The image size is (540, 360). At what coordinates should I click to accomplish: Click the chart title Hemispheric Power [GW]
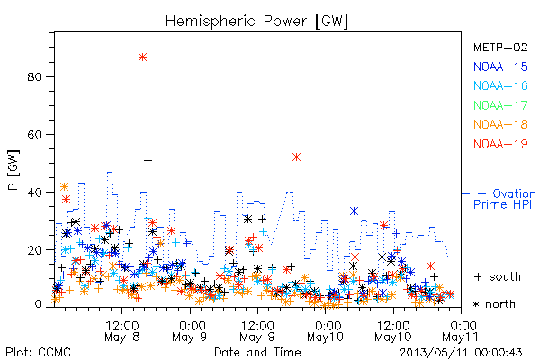[256, 22]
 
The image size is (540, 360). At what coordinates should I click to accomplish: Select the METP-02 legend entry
[500, 47]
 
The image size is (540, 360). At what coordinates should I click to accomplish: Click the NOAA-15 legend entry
[500, 67]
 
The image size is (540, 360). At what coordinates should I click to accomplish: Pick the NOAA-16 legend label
[500, 85]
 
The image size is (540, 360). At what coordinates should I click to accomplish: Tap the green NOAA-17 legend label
[500, 105]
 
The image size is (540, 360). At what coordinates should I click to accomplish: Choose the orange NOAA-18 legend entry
[500, 124]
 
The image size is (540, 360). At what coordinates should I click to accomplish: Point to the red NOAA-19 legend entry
[500, 144]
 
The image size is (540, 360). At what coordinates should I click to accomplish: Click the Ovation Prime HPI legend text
[505, 199]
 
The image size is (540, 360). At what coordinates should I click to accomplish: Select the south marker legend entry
[498, 276]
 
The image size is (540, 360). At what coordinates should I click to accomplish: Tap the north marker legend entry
[494, 304]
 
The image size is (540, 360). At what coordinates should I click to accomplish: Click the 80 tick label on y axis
[34, 76]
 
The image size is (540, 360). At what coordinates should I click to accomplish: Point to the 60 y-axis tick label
[34, 134]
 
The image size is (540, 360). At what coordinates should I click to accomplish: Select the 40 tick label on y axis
[34, 193]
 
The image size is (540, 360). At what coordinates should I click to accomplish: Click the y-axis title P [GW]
[13, 170]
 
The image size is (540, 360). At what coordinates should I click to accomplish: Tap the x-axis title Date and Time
[257, 353]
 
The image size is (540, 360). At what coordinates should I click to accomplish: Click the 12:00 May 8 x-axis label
[122, 331]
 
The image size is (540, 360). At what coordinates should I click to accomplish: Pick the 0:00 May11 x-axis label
[461, 331]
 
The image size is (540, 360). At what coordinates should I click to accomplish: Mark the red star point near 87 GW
[142, 58]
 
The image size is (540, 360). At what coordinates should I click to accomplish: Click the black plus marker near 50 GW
[148, 160]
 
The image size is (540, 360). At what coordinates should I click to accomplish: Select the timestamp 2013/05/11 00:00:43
[461, 353]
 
